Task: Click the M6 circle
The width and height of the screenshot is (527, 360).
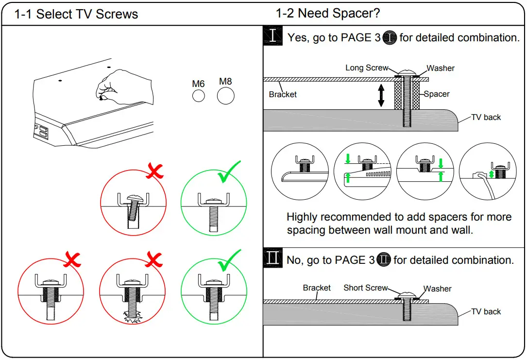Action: pos(198,96)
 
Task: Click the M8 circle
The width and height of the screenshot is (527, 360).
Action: pos(225,96)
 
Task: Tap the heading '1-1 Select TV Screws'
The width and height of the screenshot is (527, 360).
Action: pos(76,14)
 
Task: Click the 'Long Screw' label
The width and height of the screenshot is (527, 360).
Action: pos(367,68)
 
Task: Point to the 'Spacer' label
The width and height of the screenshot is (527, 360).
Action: pos(437,94)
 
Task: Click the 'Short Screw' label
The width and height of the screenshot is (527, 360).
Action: pos(365,288)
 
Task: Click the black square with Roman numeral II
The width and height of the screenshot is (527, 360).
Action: pos(273,258)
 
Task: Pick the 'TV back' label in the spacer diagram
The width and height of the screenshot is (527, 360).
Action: pos(486,117)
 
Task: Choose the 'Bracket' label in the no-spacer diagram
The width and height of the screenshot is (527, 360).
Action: pos(317,288)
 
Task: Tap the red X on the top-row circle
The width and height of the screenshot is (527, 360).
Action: pos(155,171)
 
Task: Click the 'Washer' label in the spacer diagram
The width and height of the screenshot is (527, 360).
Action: pos(441,68)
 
